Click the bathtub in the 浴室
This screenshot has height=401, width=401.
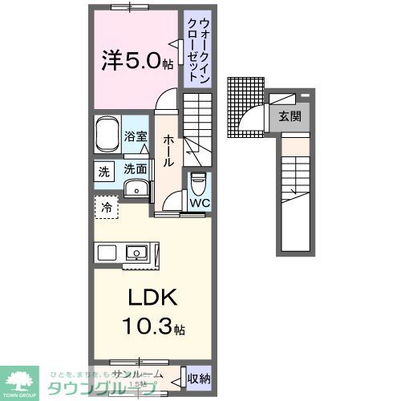(107, 135)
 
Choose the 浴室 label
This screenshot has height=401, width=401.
(136, 136)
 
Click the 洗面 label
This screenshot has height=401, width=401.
(135, 169)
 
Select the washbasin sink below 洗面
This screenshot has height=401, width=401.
(137, 189)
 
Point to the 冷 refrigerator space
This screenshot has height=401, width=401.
(106, 207)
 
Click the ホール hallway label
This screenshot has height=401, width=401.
(168, 150)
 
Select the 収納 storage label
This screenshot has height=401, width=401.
(198, 378)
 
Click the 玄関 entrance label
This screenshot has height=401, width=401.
(290, 115)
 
